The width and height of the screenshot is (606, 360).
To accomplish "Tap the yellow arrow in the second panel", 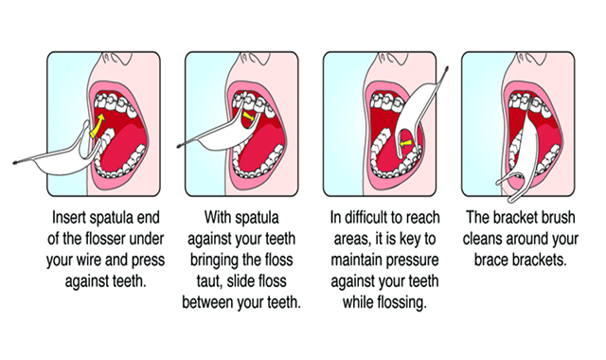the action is coord(249,116).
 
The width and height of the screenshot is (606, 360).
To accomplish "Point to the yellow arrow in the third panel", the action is coord(405,143).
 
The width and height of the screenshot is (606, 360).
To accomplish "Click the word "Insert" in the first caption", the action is coord(68,217).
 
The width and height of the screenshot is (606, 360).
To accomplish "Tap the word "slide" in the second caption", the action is coord(241,280).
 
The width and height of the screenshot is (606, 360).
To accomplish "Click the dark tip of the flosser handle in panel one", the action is coord(15,163).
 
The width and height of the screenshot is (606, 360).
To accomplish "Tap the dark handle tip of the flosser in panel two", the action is coord(180,146).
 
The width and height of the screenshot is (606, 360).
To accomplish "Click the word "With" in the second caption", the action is coord(216,217).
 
